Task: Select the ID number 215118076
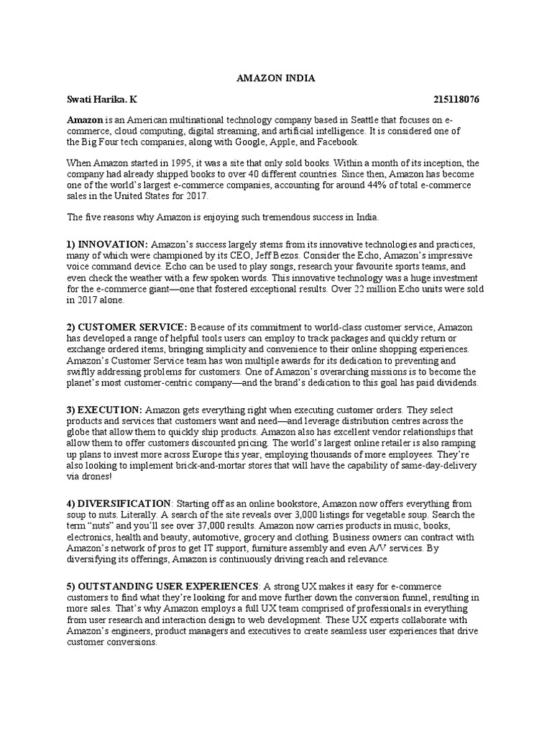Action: coord(456,99)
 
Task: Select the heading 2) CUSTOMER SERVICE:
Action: coord(127,327)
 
